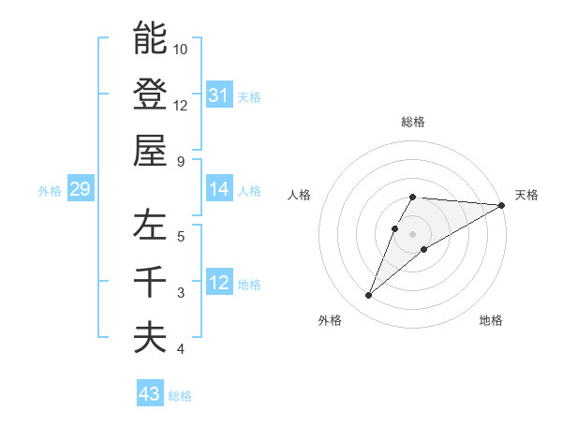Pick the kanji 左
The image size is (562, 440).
pos(150,226)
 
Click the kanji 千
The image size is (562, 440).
pos(150,282)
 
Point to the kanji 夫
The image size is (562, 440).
pos(150,338)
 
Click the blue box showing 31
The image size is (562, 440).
pos(219,95)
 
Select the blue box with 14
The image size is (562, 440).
pos(219,189)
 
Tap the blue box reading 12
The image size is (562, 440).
pos(219,283)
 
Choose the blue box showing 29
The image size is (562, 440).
pos(80,190)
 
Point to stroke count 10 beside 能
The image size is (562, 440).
pos(181,49)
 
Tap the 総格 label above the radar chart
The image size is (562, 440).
pos(413,122)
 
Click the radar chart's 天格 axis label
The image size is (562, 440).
pos(526,195)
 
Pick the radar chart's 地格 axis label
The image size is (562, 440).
pos(491,320)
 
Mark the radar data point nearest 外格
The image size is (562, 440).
pos(369,296)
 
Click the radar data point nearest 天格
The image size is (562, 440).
pos(502,206)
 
